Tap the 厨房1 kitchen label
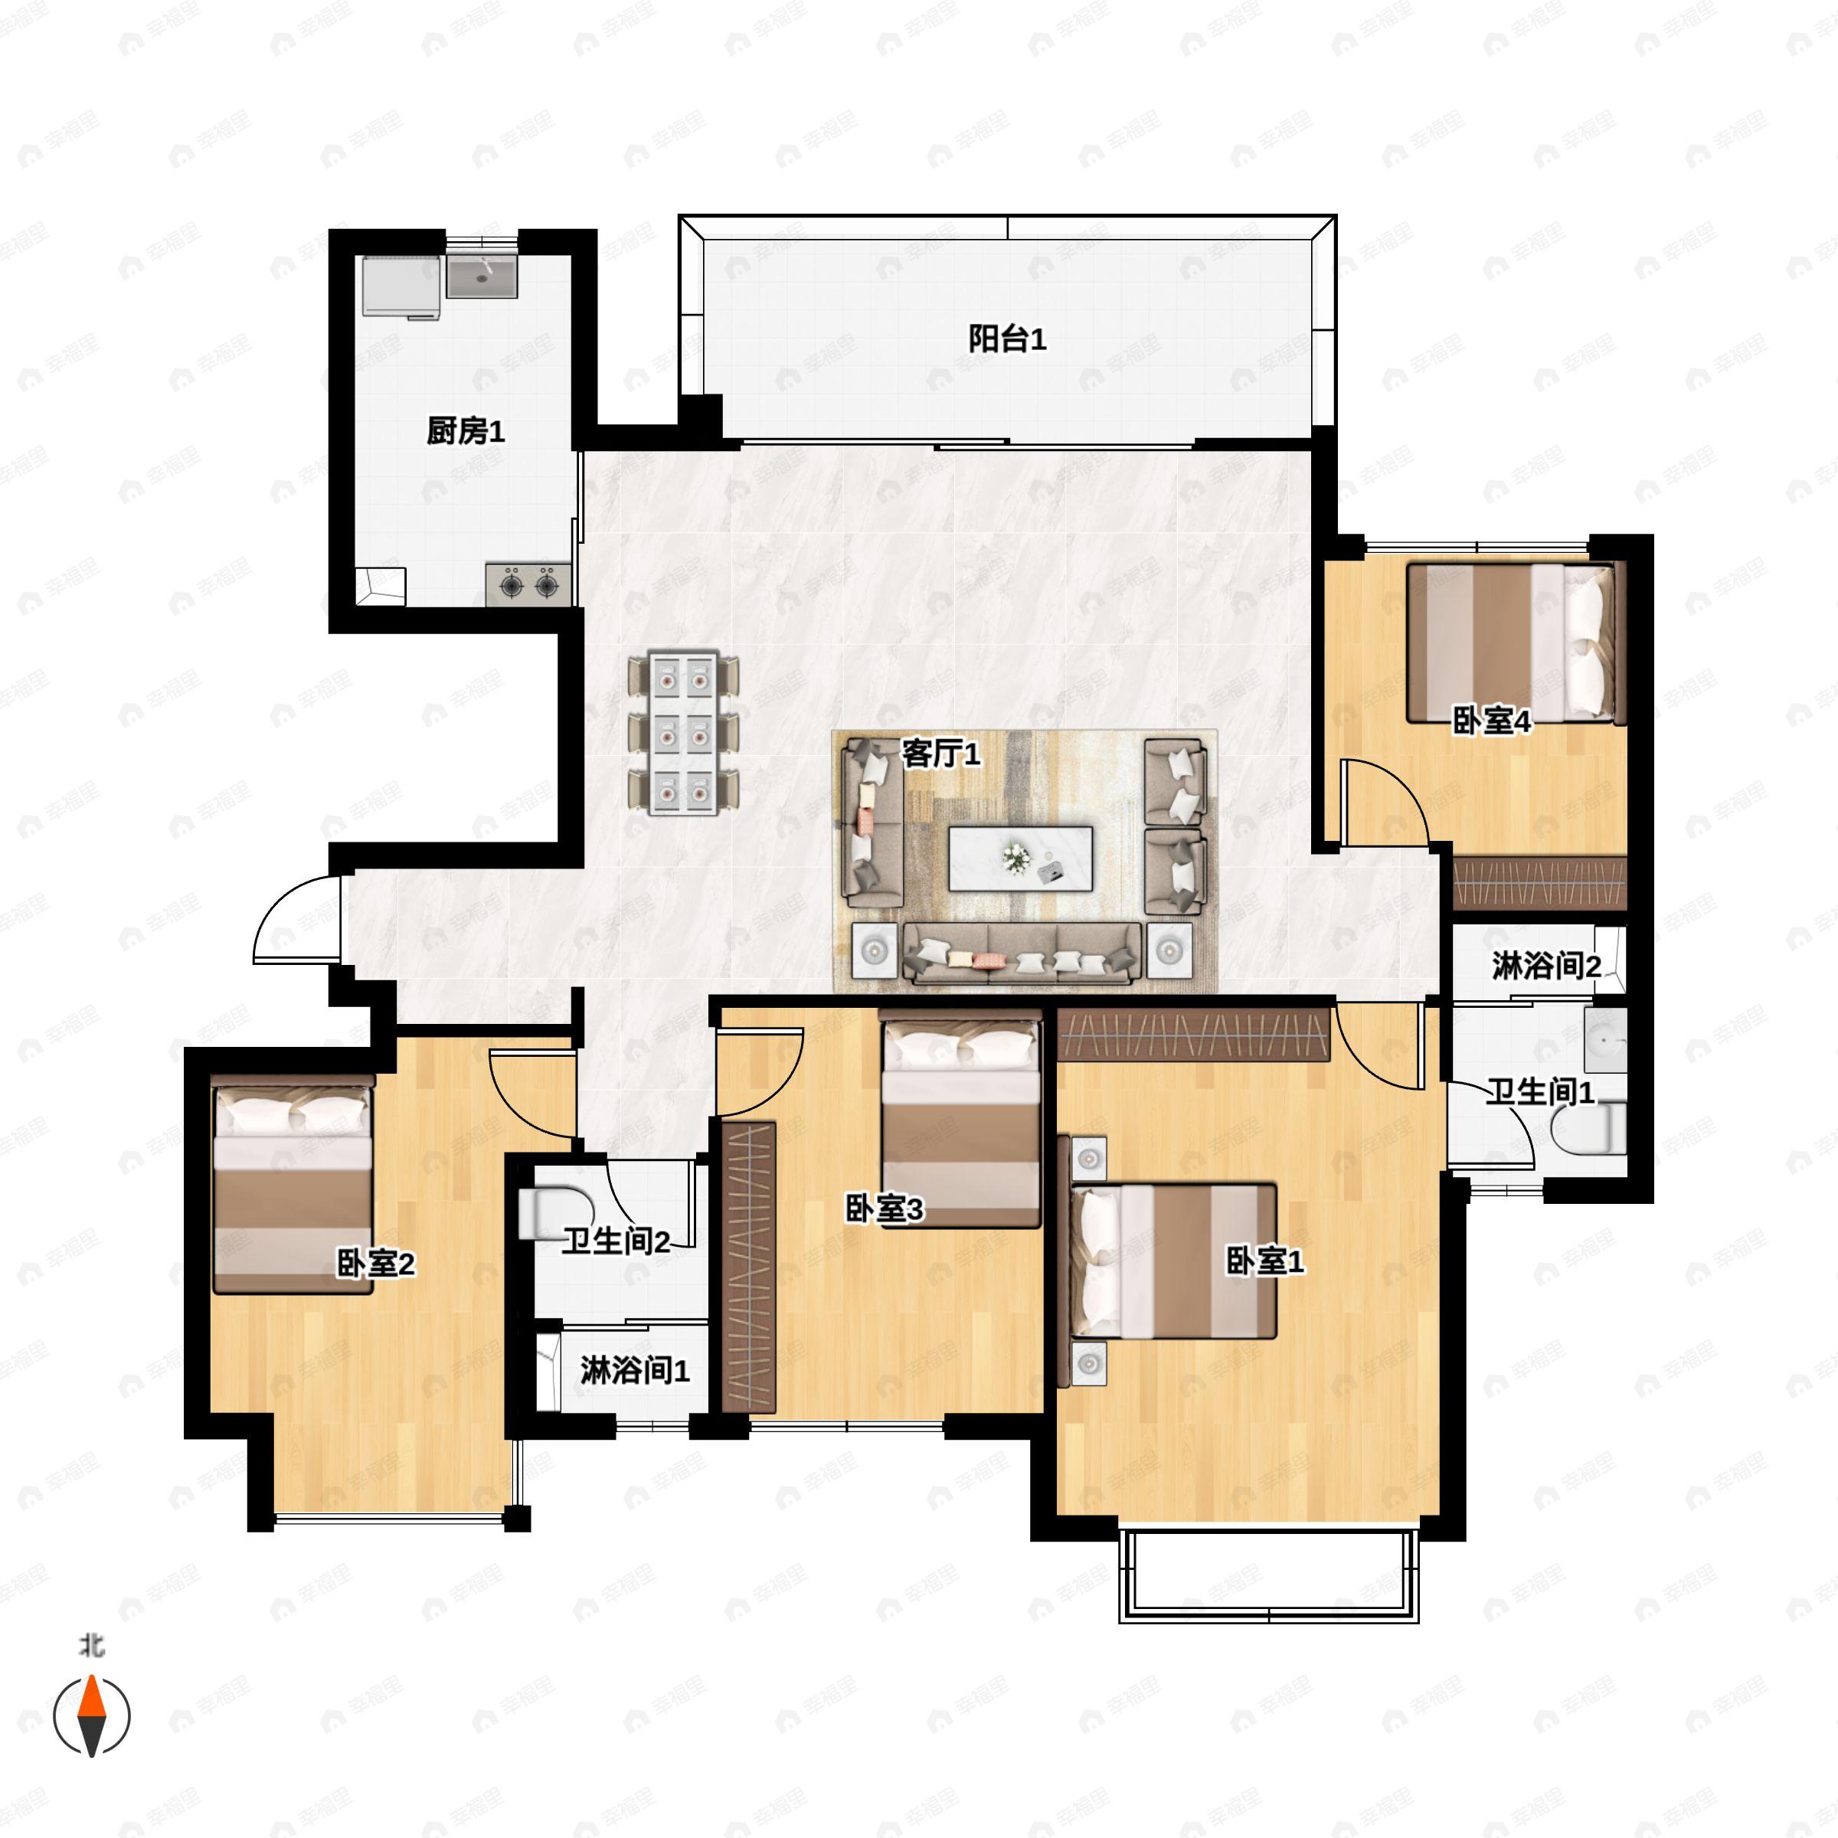465,432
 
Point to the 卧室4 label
1491,721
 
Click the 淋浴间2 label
1546,966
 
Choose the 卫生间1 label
1540,1091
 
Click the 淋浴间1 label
635,1371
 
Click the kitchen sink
482,276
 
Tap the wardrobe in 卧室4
1539,883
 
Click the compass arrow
91,1715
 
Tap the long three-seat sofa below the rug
1022,952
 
